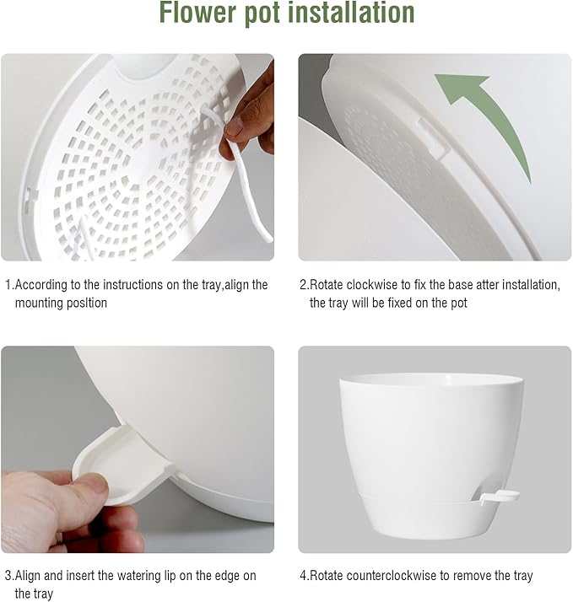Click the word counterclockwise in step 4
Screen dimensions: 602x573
pos(395,576)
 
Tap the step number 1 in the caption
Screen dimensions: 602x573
pos(8,285)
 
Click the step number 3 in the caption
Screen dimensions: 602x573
pos(8,576)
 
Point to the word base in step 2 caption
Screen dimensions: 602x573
pos(451,285)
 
